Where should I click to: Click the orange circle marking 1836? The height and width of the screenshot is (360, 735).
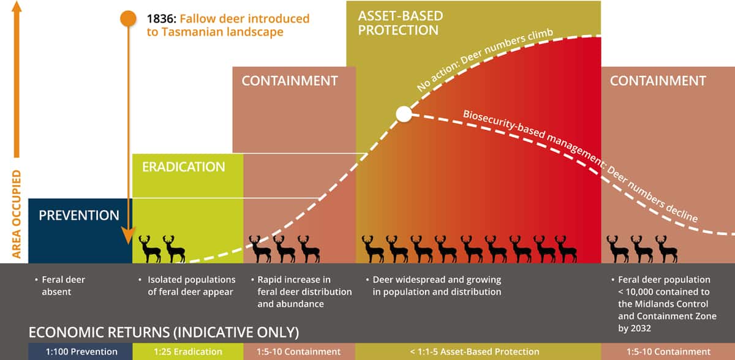(x=128, y=18)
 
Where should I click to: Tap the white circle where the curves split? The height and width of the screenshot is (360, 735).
(x=404, y=114)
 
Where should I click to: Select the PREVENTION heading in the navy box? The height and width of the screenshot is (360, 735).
(x=79, y=216)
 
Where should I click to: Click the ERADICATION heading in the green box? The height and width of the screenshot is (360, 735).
(x=183, y=167)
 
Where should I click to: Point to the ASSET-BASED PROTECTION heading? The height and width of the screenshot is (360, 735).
(x=401, y=23)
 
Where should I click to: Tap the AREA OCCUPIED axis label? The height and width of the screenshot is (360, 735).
(x=17, y=214)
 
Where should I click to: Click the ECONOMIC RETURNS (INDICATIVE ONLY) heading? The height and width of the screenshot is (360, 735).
(x=164, y=332)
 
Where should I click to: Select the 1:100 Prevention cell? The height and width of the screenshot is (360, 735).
(x=80, y=351)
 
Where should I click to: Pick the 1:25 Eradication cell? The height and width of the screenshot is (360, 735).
(x=188, y=351)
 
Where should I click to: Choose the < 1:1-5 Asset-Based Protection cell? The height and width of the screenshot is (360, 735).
(x=475, y=351)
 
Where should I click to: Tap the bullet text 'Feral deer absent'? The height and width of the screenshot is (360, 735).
(x=63, y=285)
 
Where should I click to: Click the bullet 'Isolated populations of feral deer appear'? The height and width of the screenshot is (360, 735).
(x=191, y=285)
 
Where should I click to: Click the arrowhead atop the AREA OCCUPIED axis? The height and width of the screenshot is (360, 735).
(x=17, y=6)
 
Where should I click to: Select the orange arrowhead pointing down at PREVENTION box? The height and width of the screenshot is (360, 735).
(x=128, y=236)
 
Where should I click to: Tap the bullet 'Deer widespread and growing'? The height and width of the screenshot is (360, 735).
(x=437, y=280)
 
